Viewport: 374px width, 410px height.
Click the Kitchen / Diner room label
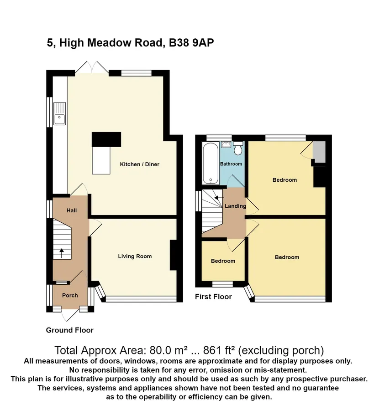(x=139, y=164)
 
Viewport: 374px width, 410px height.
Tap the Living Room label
(x=135, y=256)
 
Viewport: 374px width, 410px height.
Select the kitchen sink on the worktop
(x=59, y=114)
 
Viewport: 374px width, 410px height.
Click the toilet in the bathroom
(x=238, y=148)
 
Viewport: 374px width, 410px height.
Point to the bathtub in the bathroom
(x=211, y=163)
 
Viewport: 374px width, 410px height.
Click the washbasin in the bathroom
(x=226, y=144)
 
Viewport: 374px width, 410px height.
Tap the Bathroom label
(x=231, y=164)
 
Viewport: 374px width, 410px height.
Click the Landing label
(x=235, y=206)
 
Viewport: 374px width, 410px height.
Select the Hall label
(x=72, y=210)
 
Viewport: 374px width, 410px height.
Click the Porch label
(x=70, y=296)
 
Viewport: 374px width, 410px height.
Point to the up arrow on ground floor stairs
(x=62, y=253)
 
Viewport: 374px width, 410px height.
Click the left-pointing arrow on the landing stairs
(x=219, y=198)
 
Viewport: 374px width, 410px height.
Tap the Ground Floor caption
(x=70, y=330)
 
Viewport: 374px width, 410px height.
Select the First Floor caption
(x=213, y=297)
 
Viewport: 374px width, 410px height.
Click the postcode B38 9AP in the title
(x=191, y=43)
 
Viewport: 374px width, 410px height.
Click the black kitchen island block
(x=106, y=139)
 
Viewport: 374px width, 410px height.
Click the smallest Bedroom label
(x=223, y=261)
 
